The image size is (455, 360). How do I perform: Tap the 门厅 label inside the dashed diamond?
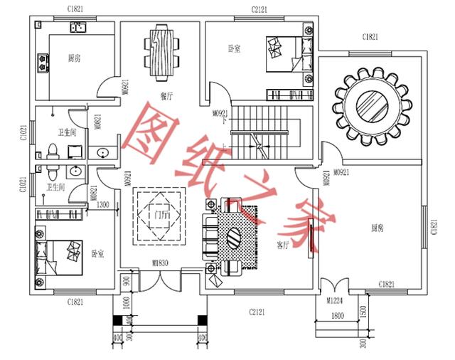(x=161, y=213)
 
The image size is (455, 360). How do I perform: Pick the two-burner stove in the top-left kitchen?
(x=43, y=63)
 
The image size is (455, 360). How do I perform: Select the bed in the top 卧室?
(x=288, y=53)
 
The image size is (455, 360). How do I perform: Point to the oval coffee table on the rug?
(x=235, y=235)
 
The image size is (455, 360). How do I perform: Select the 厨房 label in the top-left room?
(x=74, y=58)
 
